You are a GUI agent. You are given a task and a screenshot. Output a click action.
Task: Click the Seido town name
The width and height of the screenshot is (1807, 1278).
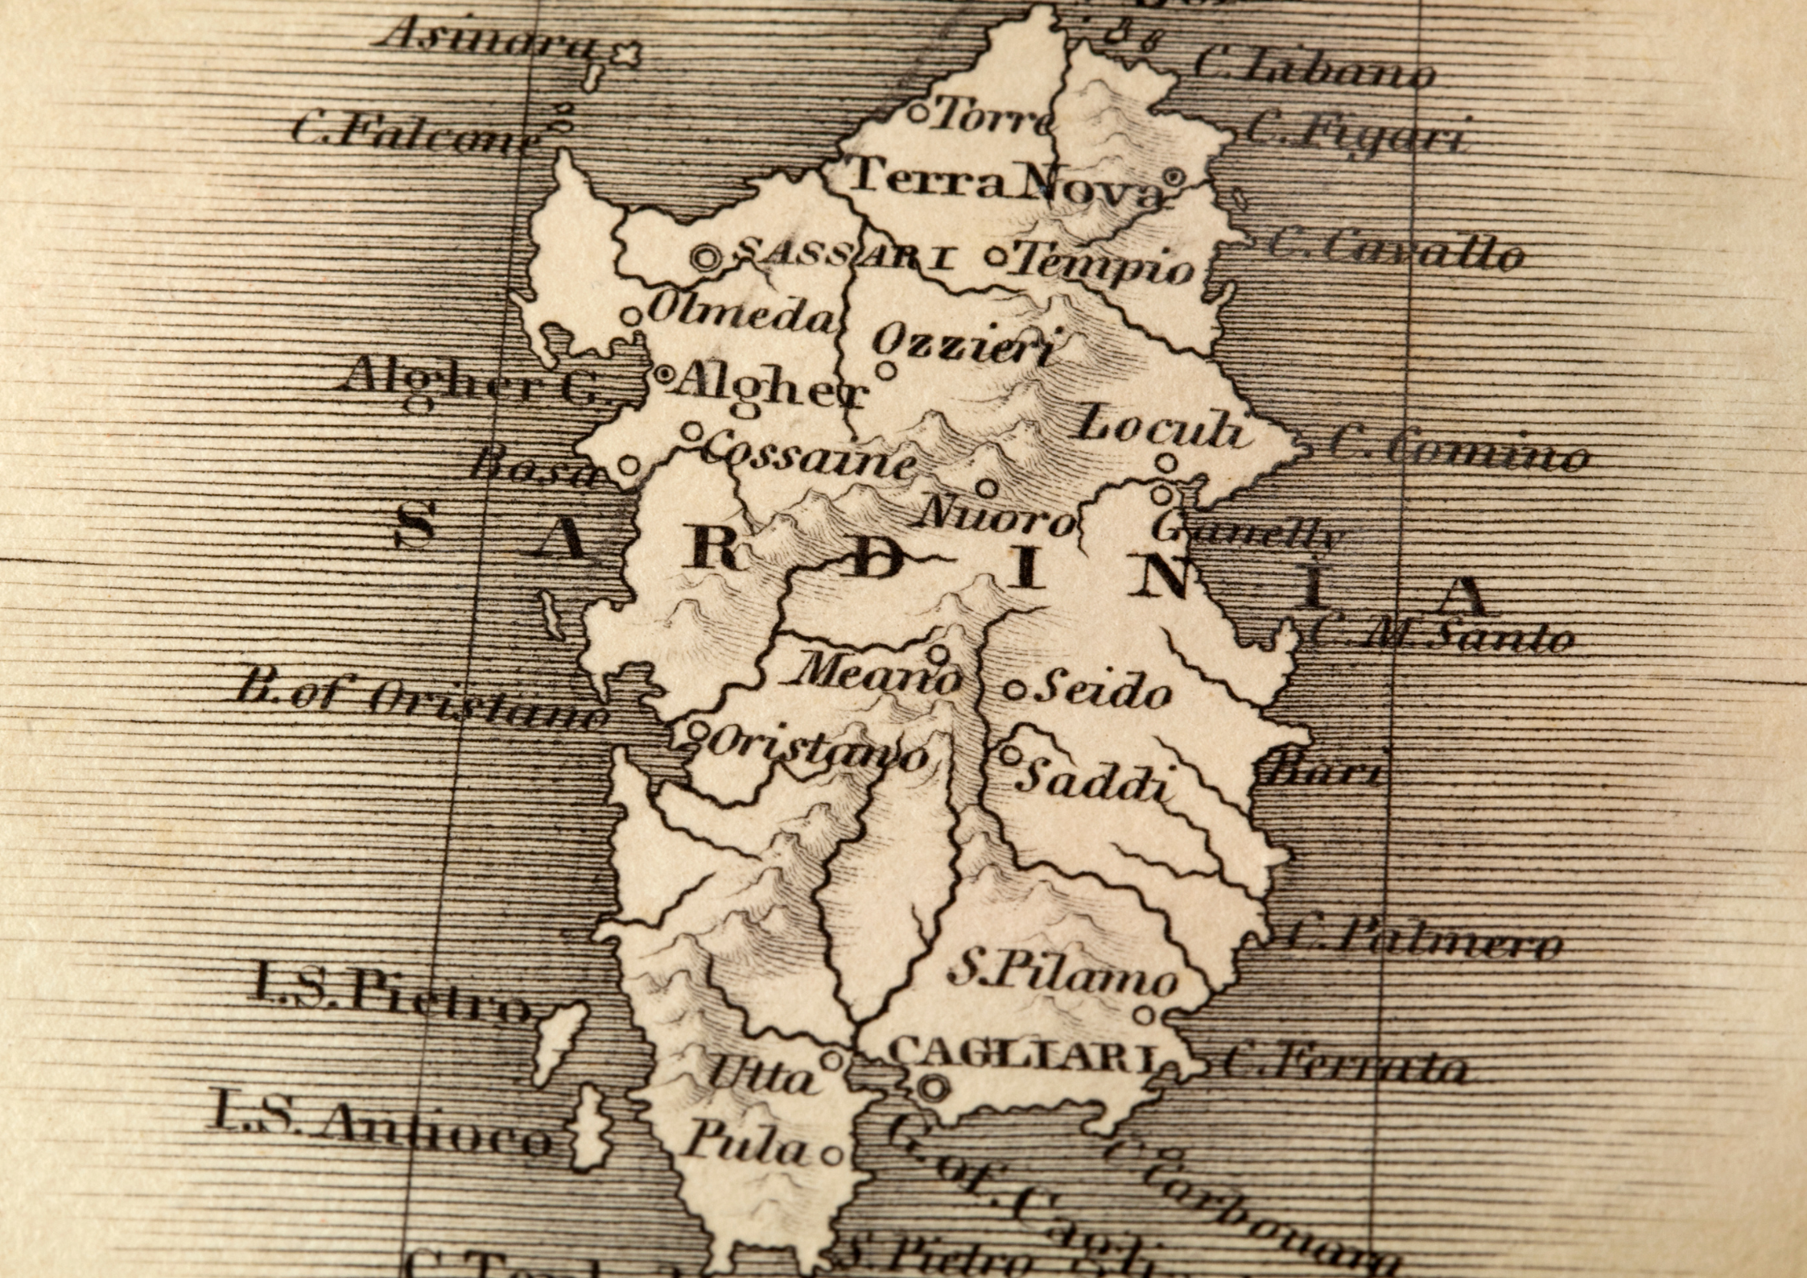(x=1103, y=692)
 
